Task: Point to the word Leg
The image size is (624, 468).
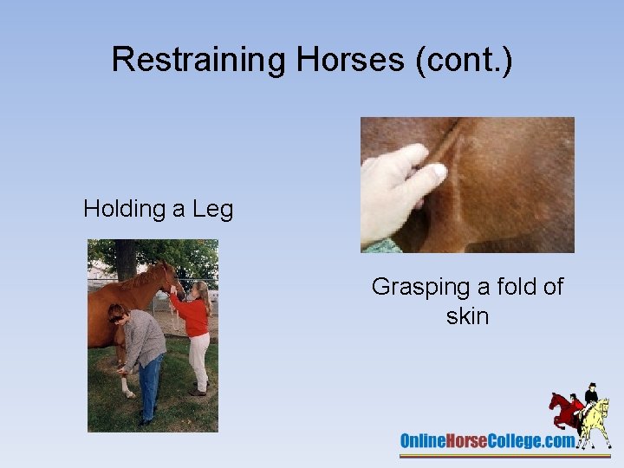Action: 212,209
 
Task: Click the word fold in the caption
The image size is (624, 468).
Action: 510,287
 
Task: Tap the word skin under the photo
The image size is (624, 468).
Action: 467,316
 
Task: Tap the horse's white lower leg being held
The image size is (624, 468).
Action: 128,381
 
